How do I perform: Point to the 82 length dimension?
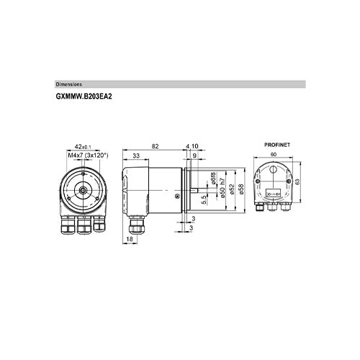coord(155,146)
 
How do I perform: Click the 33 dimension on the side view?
coord(136,156)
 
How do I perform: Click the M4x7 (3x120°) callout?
coord(92,155)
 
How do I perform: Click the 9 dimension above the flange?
coord(194,156)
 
